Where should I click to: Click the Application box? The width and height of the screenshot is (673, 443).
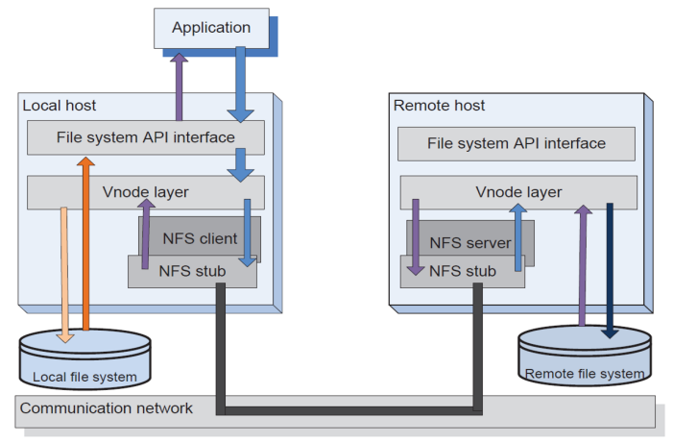coord(210,28)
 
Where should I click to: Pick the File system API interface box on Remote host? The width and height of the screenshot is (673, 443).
coord(517,143)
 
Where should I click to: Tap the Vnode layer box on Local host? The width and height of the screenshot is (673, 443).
coord(145,192)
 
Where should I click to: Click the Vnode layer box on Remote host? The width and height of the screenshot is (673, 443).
coord(518,192)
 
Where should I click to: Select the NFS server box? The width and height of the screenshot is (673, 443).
coord(470,242)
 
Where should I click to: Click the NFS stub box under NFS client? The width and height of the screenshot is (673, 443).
coord(192,272)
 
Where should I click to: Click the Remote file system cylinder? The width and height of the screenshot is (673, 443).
coord(584,357)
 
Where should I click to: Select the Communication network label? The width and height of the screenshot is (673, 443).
coord(107,408)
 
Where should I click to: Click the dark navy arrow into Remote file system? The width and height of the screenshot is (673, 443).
coord(609,269)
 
